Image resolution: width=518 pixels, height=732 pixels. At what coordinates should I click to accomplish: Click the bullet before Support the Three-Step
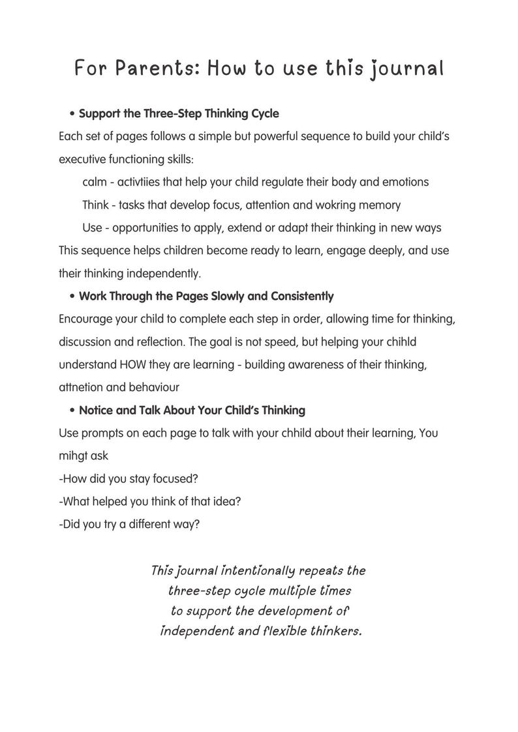pyautogui.click(x=72, y=114)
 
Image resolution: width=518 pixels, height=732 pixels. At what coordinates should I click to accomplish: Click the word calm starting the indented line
pyautogui.click(x=95, y=182)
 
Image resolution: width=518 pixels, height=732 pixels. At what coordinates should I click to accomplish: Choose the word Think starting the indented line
pyautogui.click(x=96, y=205)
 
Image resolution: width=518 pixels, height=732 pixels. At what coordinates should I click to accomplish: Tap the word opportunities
pyautogui.click(x=152, y=227)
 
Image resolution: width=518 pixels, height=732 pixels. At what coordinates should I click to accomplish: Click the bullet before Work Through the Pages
pyautogui.click(x=72, y=297)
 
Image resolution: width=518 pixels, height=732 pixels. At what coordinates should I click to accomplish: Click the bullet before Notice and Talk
pyautogui.click(x=72, y=411)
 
